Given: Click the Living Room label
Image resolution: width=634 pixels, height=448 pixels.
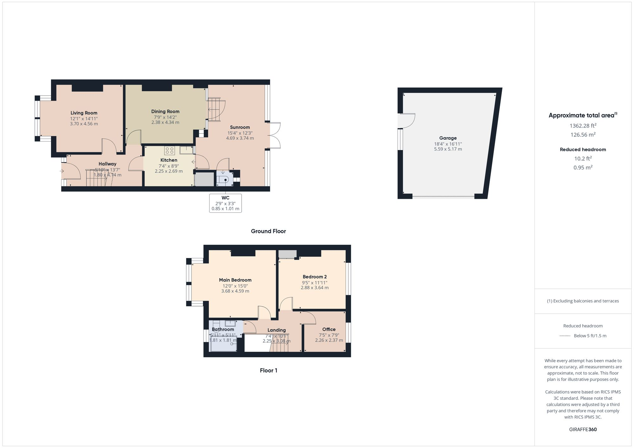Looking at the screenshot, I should click(84, 113).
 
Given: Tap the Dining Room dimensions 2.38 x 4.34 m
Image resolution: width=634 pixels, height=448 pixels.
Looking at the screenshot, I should click(165, 122).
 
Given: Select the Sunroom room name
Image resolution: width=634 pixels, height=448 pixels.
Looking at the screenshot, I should click(240, 127).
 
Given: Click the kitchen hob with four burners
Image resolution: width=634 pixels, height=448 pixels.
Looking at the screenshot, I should click(169, 150).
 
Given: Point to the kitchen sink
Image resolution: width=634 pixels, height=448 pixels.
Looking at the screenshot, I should click(186, 150).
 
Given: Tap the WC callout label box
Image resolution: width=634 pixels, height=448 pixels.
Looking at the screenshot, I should click(225, 203).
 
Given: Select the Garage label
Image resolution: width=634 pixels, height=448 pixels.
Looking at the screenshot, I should click(448, 138).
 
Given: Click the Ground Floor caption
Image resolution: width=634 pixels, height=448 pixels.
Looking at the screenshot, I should click(268, 231).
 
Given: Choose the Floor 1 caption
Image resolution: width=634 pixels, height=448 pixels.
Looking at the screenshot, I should click(268, 370).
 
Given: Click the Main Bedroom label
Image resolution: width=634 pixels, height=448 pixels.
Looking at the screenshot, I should click(235, 280).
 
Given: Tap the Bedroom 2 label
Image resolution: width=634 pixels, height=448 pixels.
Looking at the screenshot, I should click(314, 277).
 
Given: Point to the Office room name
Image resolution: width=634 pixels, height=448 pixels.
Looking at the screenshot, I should click(329, 329).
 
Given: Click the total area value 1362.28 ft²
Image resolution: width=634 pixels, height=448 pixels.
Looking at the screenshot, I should click(583, 126).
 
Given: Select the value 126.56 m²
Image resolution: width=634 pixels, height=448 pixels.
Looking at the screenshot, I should click(583, 135).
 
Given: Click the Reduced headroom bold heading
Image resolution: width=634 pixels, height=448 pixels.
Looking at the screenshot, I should click(583, 149).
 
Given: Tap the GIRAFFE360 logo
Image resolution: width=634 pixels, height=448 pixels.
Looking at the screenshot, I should click(583, 430).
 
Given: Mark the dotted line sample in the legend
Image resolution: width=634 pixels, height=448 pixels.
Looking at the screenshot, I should click(565, 336).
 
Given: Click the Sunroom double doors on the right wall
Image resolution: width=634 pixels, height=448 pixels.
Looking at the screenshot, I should click(275, 135).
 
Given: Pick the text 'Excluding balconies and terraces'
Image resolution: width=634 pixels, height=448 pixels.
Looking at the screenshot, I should click(585, 301).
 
